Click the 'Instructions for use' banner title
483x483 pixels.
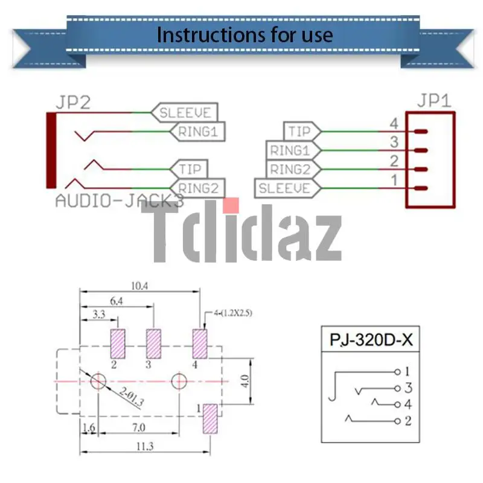[x=245, y=34]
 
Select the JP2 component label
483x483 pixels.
[x=73, y=102]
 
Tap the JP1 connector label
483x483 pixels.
[x=433, y=100]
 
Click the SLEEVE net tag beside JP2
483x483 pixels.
[x=185, y=112]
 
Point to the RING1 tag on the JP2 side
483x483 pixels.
[x=197, y=131]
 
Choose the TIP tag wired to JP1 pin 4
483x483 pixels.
[x=299, y=131]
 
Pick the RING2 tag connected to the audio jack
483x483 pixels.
[x=197, y=188]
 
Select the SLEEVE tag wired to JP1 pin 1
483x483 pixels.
[x=284, y=188]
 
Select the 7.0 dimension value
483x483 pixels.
[x=138, y=428]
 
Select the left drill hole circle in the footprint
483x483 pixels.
[x=98, y=382]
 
